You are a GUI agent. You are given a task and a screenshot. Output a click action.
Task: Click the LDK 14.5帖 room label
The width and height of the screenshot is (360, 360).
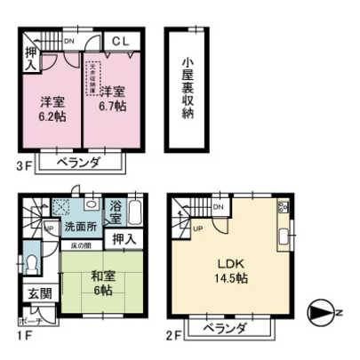[x=228, y=269]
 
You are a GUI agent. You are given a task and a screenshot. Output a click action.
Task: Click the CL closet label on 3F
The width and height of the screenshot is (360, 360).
[x=123, y=41]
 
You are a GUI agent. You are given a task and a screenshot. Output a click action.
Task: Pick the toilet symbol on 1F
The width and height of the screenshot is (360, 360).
[x=30, y=264]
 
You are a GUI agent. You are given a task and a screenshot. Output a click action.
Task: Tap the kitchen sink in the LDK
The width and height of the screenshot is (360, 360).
[x=284, y=237]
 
